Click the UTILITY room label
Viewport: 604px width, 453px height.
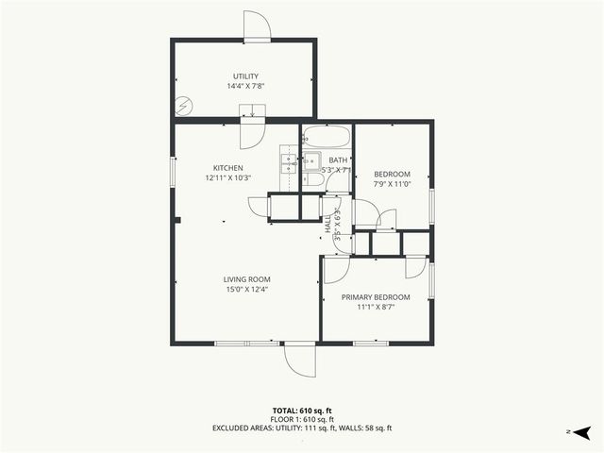point(246,75)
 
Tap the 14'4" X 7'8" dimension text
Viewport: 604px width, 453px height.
point(246,86)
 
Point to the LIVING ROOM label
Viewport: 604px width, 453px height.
point(247,279)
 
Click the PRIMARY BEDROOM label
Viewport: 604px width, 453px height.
point(376,296)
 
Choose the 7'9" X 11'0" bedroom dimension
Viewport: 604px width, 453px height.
point(393,184)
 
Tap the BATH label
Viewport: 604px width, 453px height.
point(338,160)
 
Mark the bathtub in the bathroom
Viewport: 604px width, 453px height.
point(327,134)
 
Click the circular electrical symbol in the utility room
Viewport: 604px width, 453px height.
point(186,105)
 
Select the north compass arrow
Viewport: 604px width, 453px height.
point(584,431)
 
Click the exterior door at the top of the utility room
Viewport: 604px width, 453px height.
point(257,26)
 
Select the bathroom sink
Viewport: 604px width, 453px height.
point(310,160)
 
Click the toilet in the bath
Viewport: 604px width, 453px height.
point(316,179)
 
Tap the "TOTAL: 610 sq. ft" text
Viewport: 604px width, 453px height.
point(302,411)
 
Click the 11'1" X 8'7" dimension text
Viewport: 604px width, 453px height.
point(376,307)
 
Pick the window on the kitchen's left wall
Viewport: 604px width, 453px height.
point(172,173)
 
